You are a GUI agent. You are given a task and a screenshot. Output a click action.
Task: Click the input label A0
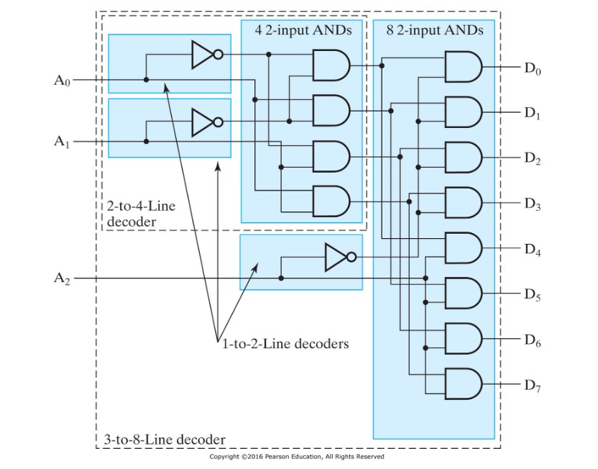point(63,80)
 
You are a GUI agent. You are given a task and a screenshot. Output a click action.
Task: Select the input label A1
point(63,142)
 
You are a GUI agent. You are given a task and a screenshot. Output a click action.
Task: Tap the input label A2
point(63,278)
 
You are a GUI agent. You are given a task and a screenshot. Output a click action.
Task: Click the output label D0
point(533,69)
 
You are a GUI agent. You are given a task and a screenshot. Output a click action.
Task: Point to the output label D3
point(533,204)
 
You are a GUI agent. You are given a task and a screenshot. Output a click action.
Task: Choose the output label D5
point(533,294)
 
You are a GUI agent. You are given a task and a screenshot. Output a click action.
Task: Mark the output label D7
point(533,386)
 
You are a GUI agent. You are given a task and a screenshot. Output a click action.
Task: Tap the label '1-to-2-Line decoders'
point(285,344)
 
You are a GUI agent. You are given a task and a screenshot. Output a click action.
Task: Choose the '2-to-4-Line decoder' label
point(141,214)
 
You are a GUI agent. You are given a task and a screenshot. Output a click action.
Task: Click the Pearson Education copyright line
point(297,457)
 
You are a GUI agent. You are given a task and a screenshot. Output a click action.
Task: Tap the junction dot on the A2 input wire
point(281,278)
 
